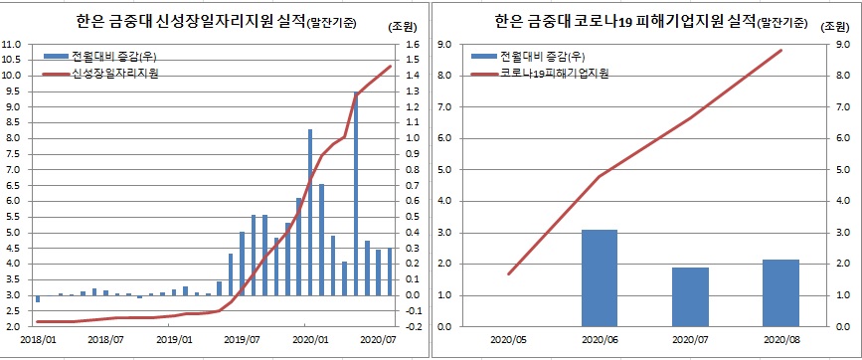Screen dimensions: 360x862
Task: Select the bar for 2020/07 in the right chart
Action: (689, 296)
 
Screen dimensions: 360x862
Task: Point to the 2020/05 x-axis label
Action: (509, 338)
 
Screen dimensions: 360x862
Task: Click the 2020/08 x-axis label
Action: (779, 338)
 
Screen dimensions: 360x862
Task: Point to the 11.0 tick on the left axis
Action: (13, 44)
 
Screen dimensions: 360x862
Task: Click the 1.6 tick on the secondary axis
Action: (415, 44)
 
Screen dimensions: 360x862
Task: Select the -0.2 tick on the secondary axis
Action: (415, 326)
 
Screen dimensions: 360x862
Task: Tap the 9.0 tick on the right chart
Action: (444, 44)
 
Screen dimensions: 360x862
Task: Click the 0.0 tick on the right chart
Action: (444, 326)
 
